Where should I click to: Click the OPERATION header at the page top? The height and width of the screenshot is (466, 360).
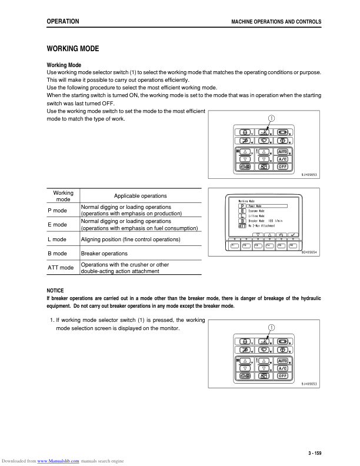(x=62, y=21)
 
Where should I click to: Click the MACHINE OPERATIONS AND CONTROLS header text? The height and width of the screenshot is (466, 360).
(x=277, y=22)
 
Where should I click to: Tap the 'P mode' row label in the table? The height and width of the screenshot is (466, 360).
(x=57, y=211)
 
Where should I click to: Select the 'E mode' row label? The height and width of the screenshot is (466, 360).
(x=57, y=225)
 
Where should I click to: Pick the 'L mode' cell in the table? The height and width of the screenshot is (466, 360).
(x=57, y=240)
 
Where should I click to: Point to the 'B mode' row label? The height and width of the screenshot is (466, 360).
(x=57, y=254)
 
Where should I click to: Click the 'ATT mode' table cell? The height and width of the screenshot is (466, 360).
(x=61, y=268)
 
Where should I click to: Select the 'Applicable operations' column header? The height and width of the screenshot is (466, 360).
(x=140, y=196)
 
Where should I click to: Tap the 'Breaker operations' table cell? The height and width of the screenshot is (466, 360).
(x=104, y=254)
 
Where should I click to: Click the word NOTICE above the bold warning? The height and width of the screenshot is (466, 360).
(x=55, y=291)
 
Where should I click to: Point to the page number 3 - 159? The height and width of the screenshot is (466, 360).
(x=314, y=452)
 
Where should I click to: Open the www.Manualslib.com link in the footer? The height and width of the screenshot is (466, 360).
(x=58, y=461)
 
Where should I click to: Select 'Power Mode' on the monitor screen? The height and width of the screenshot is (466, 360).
(x=255, y=207)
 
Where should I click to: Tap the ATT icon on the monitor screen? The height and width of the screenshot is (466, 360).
(x=242, y=225)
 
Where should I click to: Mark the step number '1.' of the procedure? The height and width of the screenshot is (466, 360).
(x=52, y=320)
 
